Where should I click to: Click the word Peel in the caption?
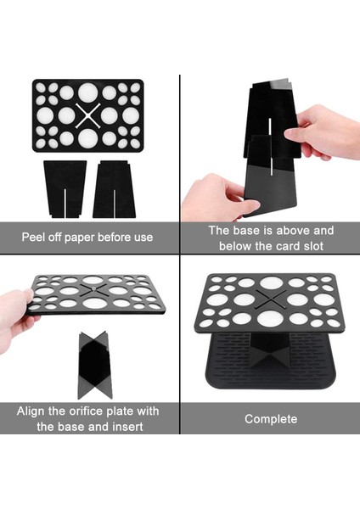tap(31, 237)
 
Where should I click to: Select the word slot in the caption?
tap(313, 246)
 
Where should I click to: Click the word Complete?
tap(271, 419)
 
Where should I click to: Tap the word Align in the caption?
tap(31, 411)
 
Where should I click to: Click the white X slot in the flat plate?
tap(87, 116)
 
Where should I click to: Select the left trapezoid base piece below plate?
tap(65, 189)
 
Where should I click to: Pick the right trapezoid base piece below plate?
tap(114, 189)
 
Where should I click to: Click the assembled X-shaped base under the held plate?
tap(95, 365)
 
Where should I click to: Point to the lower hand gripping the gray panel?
tap(217, 198)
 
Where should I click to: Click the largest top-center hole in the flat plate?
tap(87, 92)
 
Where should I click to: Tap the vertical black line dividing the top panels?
tap(180, 165)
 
